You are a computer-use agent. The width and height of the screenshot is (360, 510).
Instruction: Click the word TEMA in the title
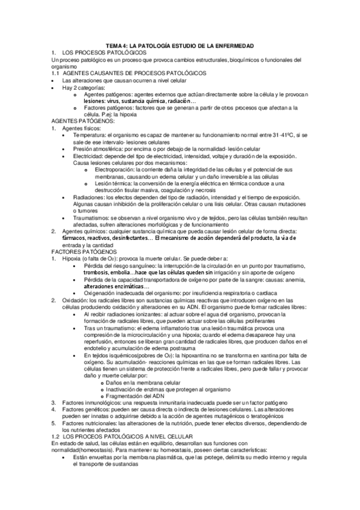point(114,46)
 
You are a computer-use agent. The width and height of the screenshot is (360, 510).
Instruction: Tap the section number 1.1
point(56,73)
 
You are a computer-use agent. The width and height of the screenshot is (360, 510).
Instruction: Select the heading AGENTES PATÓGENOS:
point(82,120)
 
